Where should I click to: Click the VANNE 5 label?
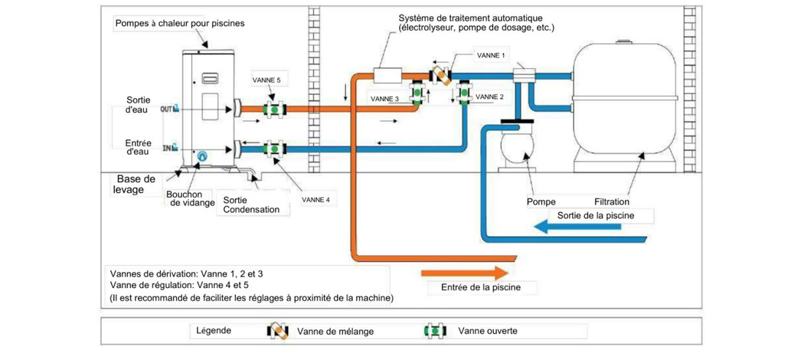[x=267, y=80]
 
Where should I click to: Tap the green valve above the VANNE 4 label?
[x=275, y=147]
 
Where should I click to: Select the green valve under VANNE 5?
[x=275, y=110]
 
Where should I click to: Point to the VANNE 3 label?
[x=384, y=99]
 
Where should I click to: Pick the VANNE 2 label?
[x=490, y=97]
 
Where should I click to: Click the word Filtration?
[x=611, y=202]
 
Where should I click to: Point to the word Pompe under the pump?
[x=541, y=202]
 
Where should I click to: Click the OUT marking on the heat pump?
[x=166, y=110]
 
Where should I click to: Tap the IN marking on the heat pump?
[x=166, y=147]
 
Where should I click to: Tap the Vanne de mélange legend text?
[x=326, y=331]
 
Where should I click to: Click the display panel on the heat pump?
[x=211, y=77]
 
